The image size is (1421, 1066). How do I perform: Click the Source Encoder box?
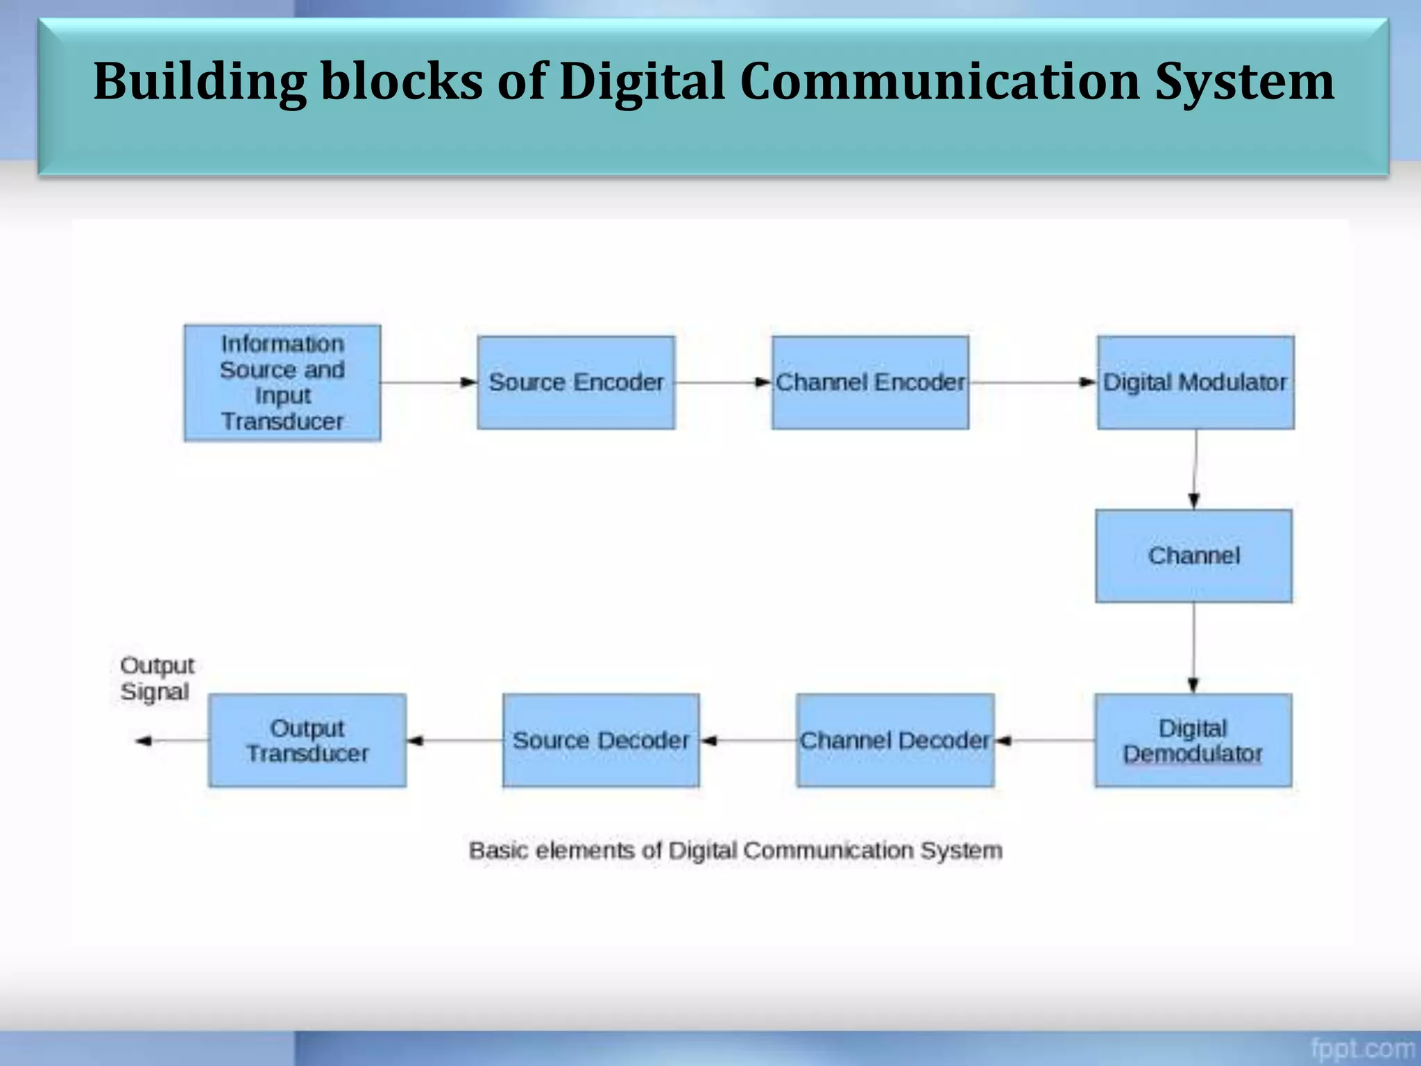[x=576, y=382]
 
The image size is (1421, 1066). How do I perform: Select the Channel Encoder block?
[x=870, y=382]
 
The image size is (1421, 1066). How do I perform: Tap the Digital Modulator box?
[x=1195, y=382]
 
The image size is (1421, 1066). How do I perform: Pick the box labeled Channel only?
[x=1193, y=556]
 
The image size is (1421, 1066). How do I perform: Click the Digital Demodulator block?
[x=1193, y=741]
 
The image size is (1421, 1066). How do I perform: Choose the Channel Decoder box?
[x=895, y=741]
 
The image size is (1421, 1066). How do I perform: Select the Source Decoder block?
[x=601, y=741]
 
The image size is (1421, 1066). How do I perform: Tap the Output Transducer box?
[x=307, y=741]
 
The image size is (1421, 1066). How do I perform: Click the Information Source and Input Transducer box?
[x=282, y=382]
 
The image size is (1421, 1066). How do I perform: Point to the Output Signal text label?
[x=157, y=678]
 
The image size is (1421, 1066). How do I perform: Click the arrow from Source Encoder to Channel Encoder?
[x=723, y=382]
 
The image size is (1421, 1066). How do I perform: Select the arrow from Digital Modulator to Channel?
[x=1194, y=469]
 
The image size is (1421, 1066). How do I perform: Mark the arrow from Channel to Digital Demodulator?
[x=1193, y=648]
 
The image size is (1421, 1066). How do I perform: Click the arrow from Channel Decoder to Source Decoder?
[x=748, y=741]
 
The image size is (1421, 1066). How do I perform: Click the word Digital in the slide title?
[x=642, y=81]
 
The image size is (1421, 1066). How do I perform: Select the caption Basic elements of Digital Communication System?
[x=735, y=850]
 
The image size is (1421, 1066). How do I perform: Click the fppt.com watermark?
[x=1362, y=1047]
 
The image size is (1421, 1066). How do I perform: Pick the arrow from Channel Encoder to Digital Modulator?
[x=1032, y=382]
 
